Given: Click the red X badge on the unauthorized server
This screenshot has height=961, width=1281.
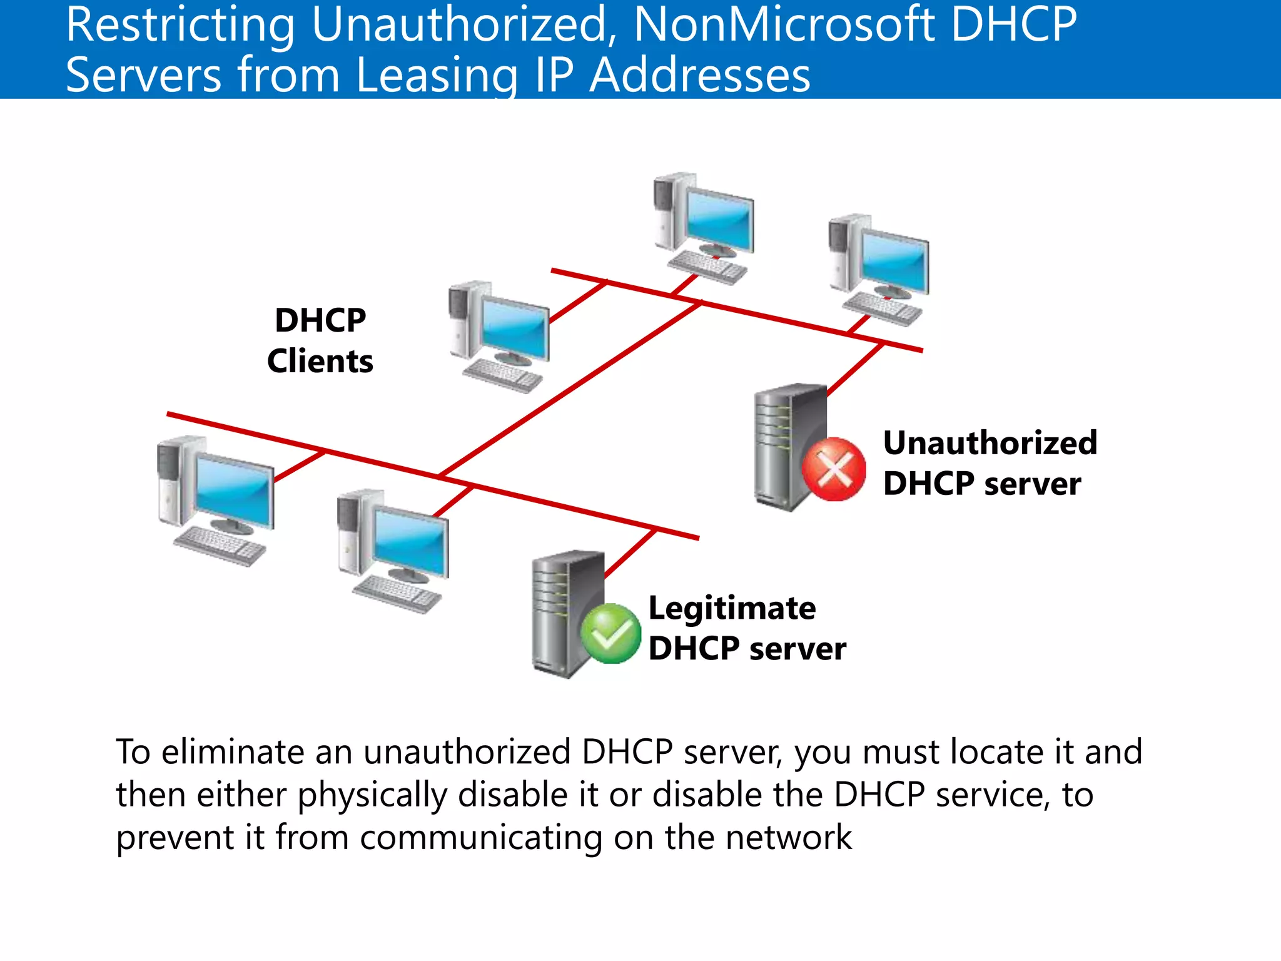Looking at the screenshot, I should (834, 469).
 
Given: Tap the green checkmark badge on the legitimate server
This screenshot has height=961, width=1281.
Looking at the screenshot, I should (610, 633).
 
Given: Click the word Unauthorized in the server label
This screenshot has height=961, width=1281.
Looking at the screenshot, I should (990, 443).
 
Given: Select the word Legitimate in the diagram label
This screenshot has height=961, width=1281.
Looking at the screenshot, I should (732, 608).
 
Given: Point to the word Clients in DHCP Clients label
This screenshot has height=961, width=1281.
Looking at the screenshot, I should (320, 362).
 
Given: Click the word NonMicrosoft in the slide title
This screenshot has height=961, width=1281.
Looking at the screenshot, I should (785, 25).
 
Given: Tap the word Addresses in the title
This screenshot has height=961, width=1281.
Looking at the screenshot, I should (700, 75).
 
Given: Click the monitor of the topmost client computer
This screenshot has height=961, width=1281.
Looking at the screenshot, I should (719, 219).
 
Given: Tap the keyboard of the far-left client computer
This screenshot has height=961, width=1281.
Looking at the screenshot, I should (219, 546).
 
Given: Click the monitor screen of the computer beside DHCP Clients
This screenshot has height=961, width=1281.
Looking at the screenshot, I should (514, 328).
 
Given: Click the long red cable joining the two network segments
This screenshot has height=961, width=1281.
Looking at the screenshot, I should (569, 389).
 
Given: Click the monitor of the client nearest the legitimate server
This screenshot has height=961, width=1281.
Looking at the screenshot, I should (410, 541).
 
